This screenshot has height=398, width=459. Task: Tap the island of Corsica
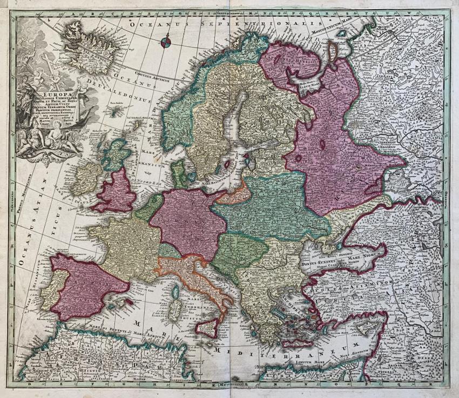click(175, 292)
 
